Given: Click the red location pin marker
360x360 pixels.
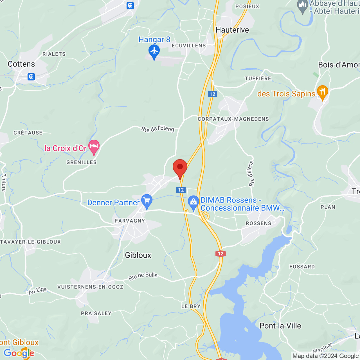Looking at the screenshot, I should (x=180, y=168).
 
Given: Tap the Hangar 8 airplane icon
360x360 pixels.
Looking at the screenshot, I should (x=154, y=51).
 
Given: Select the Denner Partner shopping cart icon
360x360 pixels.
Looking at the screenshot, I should (x=147, y=201).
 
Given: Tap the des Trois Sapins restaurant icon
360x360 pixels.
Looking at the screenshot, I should (x=322, y=92).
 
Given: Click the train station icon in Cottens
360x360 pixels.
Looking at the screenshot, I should (x=31, y=76).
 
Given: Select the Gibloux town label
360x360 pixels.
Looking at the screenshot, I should (x=138, y=255).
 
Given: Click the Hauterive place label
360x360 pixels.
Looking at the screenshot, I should (x=232, y=30).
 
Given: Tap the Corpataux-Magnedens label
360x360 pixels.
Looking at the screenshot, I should (x=233, y=119).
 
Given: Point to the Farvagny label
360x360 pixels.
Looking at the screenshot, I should (x=130, y=221).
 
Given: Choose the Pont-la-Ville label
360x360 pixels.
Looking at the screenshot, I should (x=280, y=326).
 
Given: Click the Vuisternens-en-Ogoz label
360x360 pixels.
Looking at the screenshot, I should (x=90, y=287).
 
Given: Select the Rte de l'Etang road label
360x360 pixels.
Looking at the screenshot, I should (x=157, y=129).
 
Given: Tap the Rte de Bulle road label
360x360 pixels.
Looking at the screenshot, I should (x=143, y=276).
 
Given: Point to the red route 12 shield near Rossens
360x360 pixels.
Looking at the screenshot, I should (x=220, y=254).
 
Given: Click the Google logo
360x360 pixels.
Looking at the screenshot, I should (x=19, y=353).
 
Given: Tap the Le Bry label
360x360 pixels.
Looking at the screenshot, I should (x=191, y=306).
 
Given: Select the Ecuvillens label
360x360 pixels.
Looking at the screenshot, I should (x=189, y=46).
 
